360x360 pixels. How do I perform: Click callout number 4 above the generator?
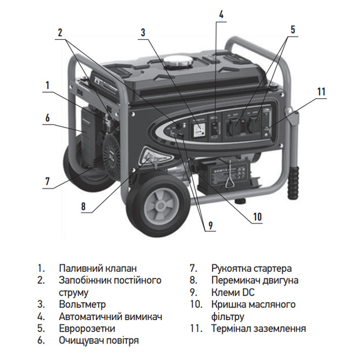coord(220,13)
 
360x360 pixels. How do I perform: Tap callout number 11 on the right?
coord(320,91)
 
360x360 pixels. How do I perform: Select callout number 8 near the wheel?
coord(83,207)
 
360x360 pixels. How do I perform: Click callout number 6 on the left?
coord(47,117)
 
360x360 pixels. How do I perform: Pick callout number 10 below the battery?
coord(257,216)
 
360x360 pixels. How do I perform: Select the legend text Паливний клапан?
coord(97,268)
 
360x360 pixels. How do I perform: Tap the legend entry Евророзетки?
coord(87,328)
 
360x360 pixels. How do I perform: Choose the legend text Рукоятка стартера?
coord(252,268)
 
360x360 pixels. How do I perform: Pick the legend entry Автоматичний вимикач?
coord(111,316)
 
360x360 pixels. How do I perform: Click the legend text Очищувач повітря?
coord(99,340)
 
